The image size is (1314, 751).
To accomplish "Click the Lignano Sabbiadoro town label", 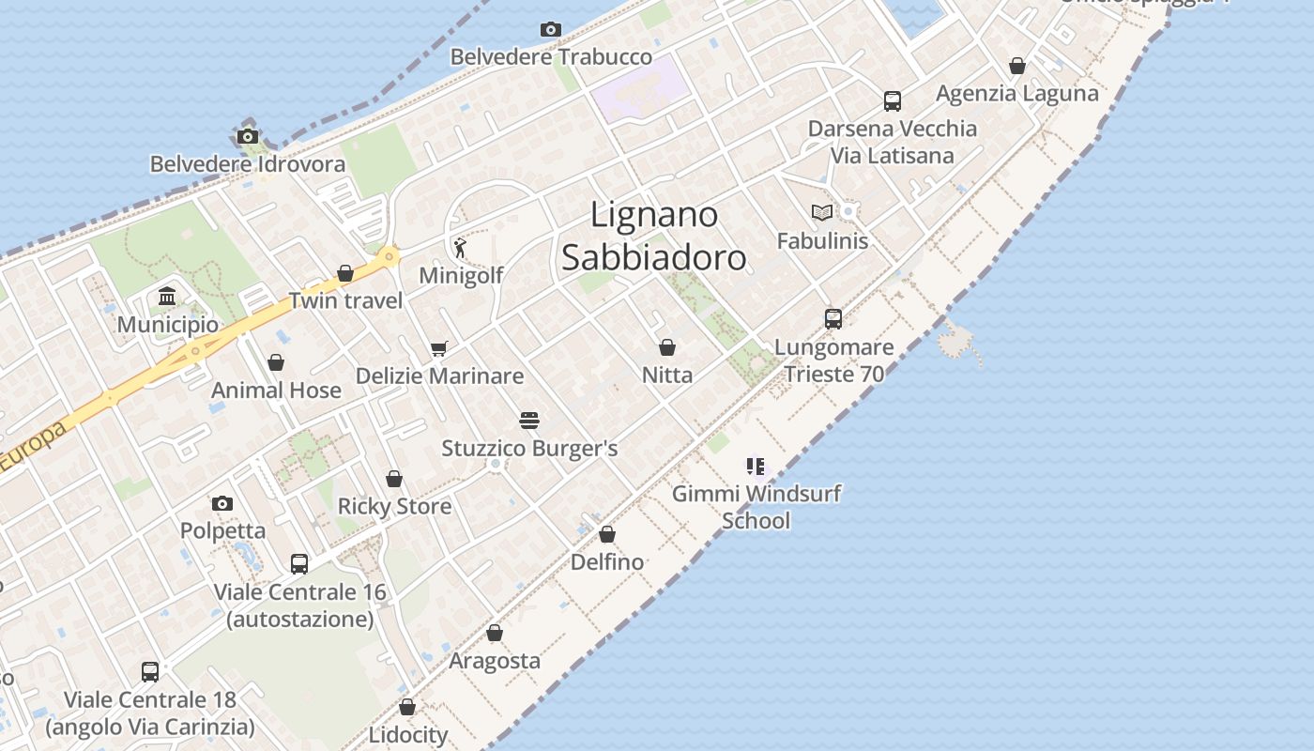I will (x=654, y=236).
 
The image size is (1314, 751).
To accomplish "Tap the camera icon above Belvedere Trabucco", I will (x=551, y=30).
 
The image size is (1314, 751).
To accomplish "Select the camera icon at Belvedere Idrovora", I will (x=248, y=137).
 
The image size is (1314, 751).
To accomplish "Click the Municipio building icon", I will (x=168, y=298).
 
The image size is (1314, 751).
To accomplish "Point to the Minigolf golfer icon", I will (x=460, y=248).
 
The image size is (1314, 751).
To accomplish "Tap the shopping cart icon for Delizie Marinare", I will (x=438, y=349).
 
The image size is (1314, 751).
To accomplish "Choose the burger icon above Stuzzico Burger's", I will (x=529, y=420).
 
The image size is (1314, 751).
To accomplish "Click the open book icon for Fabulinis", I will (x=822, y=213).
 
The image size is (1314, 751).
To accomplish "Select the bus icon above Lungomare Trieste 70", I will (x=833, y=319).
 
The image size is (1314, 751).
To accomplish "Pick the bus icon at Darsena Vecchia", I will (x=893, y=101).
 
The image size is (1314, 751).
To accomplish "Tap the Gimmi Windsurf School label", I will (x=756, y=507).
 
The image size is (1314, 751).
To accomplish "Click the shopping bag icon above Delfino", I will (x=607, y=535).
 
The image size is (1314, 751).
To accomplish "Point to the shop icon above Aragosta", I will (x=495, y=634).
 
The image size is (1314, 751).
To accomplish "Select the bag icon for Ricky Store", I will (x=394, y=480).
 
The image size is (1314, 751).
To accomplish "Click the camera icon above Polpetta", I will (x=222, y=504).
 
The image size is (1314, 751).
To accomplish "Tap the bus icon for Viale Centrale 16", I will (x=299, y=564).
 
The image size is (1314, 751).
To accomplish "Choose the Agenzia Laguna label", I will (x=1017, y=93).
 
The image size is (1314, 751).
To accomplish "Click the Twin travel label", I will (x=345, y=300).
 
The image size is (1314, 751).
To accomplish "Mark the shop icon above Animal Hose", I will (x=276, y=363).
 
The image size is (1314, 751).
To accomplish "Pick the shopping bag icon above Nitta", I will (x=667, y=348).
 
